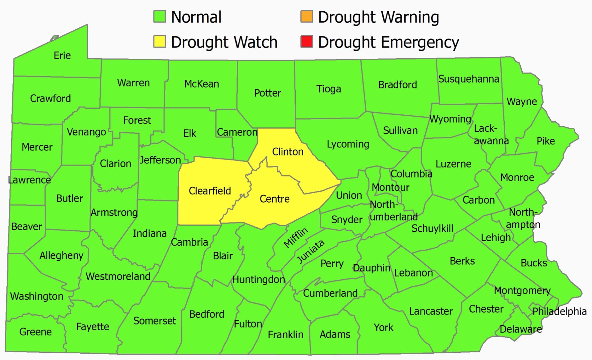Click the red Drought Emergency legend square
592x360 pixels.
tap(307, 41)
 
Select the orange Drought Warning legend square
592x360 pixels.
tap(307, 16)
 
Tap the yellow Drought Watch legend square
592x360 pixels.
tap(159, 41)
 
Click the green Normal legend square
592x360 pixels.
tap(159, 16)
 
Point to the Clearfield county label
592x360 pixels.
tap(210, 191)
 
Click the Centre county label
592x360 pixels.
tap(275, 199)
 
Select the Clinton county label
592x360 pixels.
tap(288, 152)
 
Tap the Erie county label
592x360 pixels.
tap(62, 55)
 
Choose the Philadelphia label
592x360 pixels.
tap(559, 311)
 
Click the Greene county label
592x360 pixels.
tap(35, 332)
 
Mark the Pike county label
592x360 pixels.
tap(545, 141)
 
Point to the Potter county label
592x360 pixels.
tap(267, 93)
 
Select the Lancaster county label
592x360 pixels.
tap(431, 311)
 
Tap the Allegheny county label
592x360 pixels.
tap(61, 255)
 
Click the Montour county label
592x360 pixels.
tap(390, 187)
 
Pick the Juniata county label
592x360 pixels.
tap(311, 252)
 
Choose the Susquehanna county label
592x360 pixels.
tap(469, 79)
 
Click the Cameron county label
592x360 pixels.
tap(237, 132)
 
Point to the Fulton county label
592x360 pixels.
tap(248, 324)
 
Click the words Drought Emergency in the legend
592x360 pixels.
tap(388, 42)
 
